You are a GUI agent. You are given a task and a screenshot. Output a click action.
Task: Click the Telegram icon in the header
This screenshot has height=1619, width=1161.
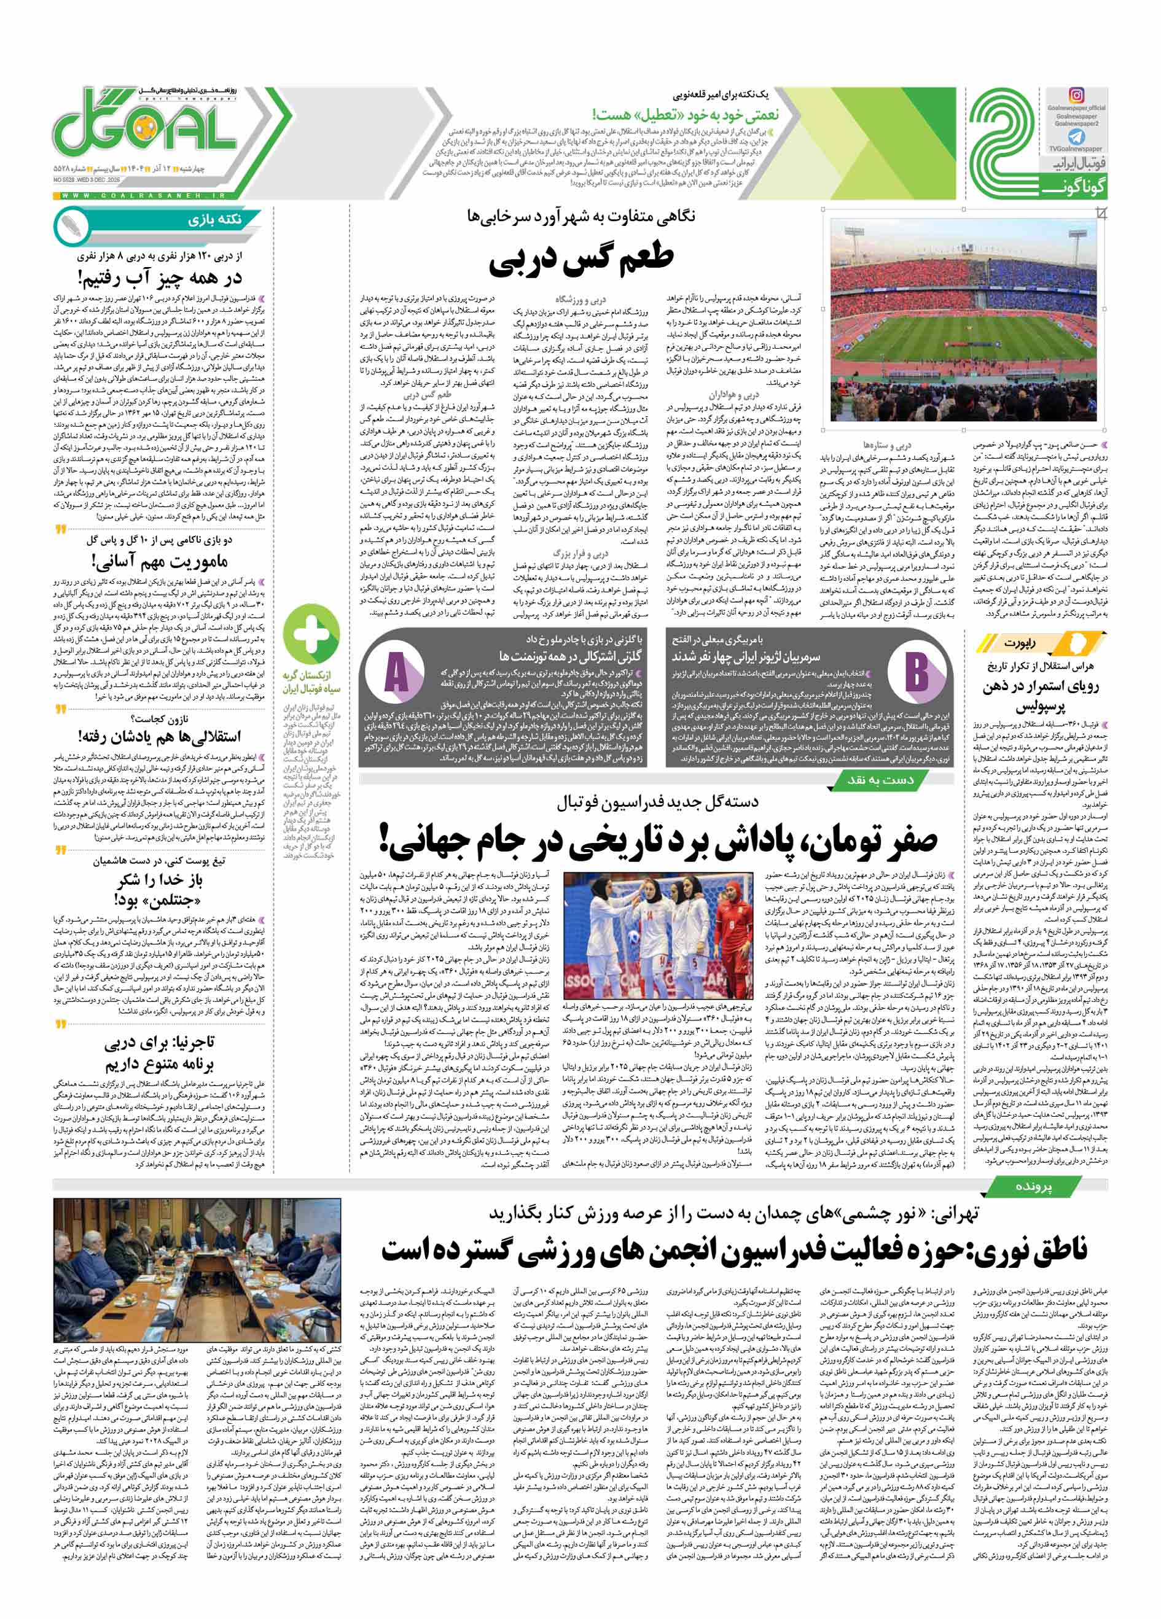click(1076, 136)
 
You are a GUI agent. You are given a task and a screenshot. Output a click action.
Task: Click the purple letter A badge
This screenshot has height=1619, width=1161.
click(396, 674)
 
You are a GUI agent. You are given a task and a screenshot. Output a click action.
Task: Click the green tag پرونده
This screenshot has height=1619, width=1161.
click(1023, 1185)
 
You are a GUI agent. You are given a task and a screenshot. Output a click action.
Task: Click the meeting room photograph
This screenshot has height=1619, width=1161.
click(198, 1270)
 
